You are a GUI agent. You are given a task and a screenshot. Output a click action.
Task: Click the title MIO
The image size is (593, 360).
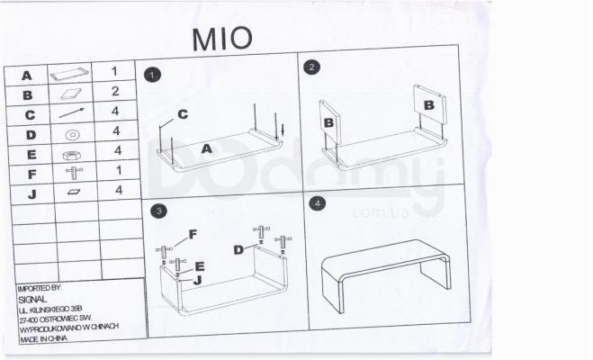222,37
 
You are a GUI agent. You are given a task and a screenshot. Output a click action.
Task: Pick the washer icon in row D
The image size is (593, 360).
71,134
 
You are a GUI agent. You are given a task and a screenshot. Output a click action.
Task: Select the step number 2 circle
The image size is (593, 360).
312,68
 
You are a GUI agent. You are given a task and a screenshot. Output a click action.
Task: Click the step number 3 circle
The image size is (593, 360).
158,211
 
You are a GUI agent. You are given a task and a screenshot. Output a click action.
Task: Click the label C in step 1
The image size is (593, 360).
182,114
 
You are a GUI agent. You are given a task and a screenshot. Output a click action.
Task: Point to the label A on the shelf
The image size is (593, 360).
206,149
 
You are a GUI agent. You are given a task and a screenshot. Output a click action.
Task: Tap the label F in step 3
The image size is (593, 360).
193,237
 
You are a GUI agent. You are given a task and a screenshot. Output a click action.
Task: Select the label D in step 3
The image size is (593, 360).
239,249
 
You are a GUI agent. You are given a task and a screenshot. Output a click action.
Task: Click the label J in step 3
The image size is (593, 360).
195,280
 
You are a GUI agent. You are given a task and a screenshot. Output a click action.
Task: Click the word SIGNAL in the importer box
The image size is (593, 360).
32,299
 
